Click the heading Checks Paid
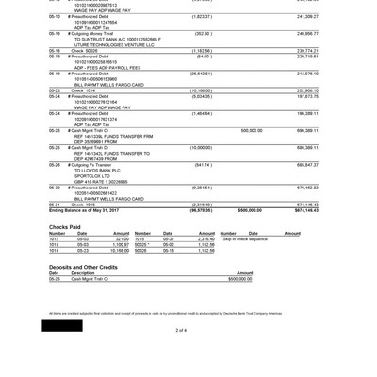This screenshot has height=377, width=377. click(x=65, y=227)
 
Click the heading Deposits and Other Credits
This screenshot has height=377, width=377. click(x=83, y=267)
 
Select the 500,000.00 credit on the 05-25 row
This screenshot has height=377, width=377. click(x=252, y=131)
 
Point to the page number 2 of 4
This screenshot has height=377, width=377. click(x=181, y=330)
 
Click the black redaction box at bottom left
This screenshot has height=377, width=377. click(x=61, y=325)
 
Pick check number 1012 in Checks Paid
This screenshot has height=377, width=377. click(x=55, y=239)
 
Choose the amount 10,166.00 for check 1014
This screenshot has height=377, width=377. click(x=119, y=251)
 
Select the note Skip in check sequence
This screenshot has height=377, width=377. click(x=245, y=239)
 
